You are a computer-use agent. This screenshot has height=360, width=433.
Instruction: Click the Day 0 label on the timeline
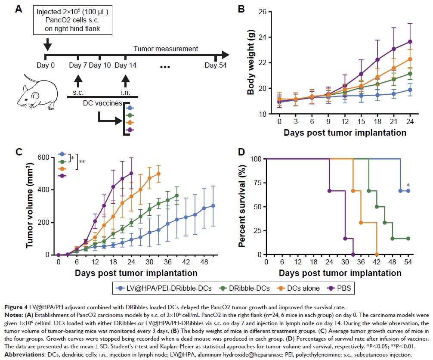click(x=46, y=65)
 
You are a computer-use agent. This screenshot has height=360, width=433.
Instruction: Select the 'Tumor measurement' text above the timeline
click(x=166, y=49)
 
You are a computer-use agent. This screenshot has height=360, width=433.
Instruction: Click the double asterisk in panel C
click(x=82, y=162)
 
